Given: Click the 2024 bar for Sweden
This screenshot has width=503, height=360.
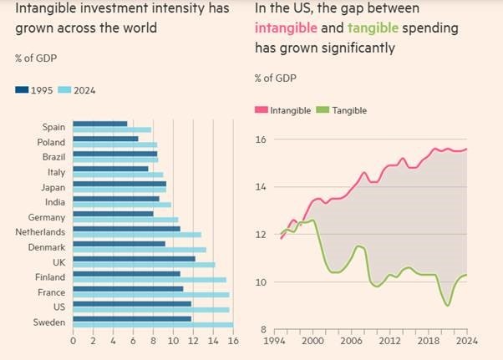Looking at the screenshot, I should click(x=153, y=325).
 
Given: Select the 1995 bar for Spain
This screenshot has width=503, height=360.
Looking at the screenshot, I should click(x=100, y=124).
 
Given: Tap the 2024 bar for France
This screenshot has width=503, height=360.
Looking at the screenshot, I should click(x=150, y=294).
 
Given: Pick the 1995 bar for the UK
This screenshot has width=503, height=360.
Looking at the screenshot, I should click(x=134, y=259).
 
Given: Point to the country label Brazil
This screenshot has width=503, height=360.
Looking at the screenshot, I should click(x=54, y=157).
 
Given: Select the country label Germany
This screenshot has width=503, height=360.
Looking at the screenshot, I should click(x=48, y=216).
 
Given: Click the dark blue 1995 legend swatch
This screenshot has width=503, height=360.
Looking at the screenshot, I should click(x=22, y=89).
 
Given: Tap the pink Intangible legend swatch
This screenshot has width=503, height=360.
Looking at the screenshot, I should click(x=261, y=110).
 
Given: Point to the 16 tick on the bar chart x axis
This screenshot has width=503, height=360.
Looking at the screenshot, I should click(x=233, y=341).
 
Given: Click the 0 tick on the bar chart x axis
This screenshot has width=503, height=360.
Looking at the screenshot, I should click(x=74, y=341).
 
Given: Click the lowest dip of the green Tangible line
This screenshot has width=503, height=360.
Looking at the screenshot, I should click(x=448, y=305).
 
